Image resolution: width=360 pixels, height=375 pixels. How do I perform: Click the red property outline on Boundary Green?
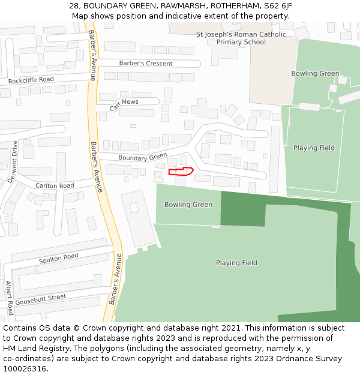click(x=180, y=172)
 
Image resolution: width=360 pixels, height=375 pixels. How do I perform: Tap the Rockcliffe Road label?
click(x=31, y=80)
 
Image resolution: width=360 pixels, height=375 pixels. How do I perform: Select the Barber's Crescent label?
click(x=145, y=64)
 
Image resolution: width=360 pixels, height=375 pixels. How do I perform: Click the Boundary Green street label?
click(x=142, y=157)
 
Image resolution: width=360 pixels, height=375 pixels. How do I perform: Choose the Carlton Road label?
click(x=55, y=186)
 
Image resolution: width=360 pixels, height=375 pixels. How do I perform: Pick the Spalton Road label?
click(x=58, y=258)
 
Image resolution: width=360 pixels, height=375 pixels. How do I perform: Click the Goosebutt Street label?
click(x=40, y=298)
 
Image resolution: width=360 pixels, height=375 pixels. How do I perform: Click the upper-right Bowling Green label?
click(x=315, y=74)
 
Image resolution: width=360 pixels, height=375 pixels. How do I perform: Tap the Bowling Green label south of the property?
click(x=188, y=205)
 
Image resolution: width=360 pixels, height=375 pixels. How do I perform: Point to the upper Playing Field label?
click(x=314, y=148)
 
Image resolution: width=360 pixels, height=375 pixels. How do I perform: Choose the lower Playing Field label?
click(x=236, y=263)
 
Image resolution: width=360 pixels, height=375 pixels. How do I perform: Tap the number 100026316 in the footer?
click(x=25, y=368)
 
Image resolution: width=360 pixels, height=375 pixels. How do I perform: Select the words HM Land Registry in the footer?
click(x=37, y=348)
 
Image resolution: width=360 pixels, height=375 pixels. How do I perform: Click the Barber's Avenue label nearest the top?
click(x=92, y=55)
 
